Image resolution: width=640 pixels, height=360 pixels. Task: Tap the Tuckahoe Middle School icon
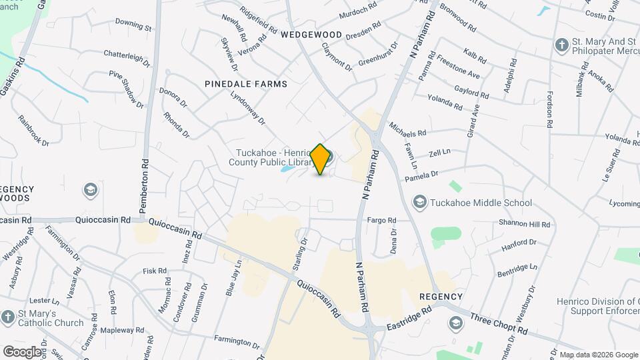[420, 201]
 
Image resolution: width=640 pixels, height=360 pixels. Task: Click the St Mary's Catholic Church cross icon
[8, 317]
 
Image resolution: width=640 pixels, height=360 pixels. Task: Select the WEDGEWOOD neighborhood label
[311, 34]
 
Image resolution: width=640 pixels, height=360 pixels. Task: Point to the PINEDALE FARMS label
[247, 84]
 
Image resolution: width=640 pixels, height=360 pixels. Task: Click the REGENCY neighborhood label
[441, 296]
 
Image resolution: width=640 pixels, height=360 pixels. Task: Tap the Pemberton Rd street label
[143, 188]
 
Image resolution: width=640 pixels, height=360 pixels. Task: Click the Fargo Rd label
[382, 220]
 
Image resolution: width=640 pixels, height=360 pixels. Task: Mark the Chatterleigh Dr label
[127, 57]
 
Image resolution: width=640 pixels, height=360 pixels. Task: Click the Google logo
[22, 351]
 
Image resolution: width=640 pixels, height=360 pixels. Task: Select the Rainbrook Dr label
[34, 131]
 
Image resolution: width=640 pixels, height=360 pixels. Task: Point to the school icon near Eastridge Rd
[456, 324]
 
